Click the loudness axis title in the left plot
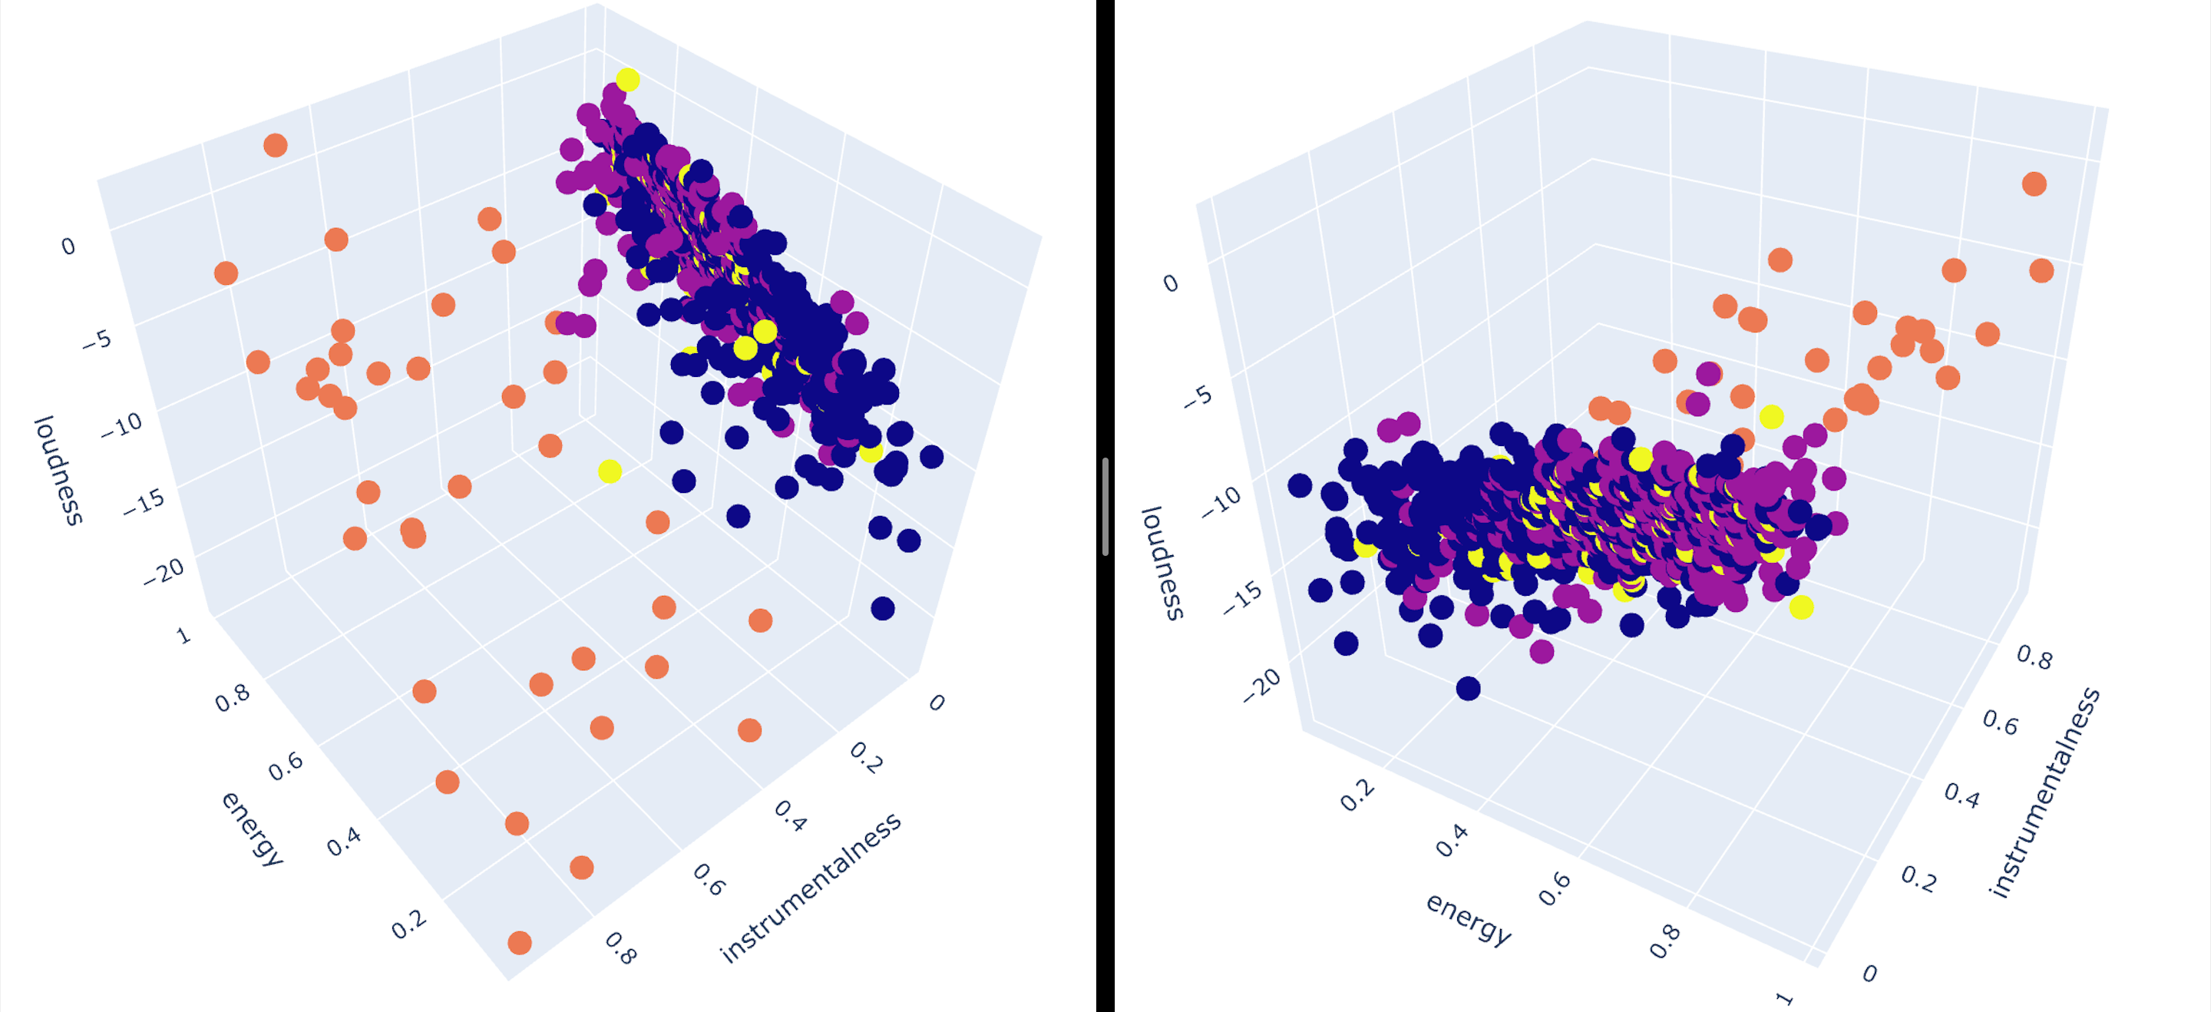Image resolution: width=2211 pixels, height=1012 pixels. [58, 471]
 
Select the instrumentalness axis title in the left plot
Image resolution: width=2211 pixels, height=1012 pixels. [810, 888]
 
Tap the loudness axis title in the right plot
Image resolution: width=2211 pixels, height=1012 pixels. [1164, 563]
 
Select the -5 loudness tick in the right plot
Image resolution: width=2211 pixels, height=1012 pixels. [1198, 396]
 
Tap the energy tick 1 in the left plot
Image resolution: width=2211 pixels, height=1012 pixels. [183, 635]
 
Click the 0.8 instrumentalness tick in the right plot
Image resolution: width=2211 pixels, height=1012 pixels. [2034, 657]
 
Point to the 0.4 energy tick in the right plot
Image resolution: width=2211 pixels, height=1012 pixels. [1453, 842]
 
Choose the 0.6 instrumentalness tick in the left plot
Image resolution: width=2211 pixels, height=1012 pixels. [709, 880]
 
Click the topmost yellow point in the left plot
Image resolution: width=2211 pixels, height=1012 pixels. [627, 79]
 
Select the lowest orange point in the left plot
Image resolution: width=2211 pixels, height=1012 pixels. [519, 942]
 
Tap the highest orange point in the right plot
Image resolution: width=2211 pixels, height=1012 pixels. [2034, 184]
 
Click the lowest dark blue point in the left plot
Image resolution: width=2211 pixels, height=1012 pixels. [882, 609]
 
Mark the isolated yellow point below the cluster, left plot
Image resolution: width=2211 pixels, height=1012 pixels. [610, 471]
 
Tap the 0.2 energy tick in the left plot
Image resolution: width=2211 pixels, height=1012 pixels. [408, 924]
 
